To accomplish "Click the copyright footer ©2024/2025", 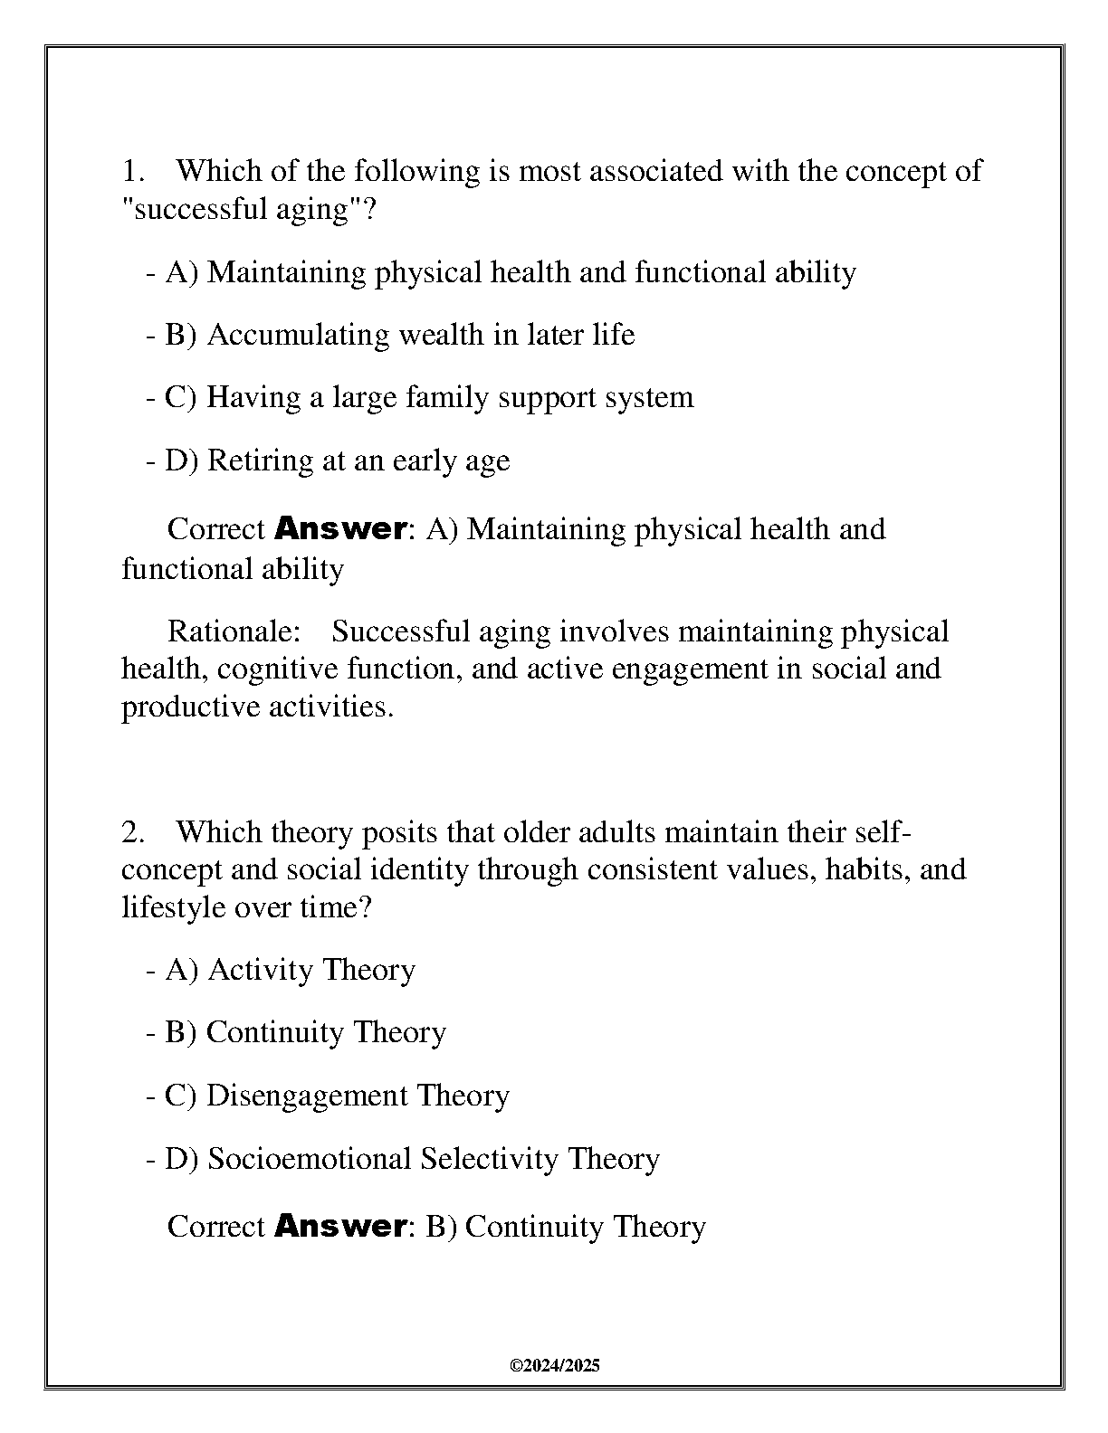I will tap(555, 1366).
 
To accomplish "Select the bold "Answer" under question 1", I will tap(339, 528).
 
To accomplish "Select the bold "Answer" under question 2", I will tap(339, 1227).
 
